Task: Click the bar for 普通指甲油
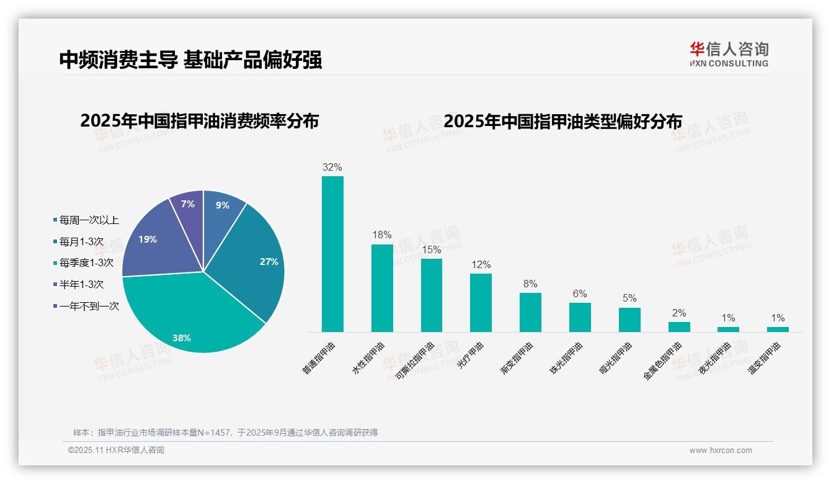point(332,254)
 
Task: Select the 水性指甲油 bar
point(382,289)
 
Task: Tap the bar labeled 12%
point(481,303)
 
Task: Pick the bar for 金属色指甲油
point(679,327)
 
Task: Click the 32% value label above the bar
point(332,167)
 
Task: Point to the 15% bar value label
point(431,249)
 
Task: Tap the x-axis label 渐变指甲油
point(517,359)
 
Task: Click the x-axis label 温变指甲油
point(764,359)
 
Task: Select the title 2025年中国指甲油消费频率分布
point(199,121)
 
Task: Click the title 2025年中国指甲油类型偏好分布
point(562,121)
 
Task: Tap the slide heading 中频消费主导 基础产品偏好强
point(190,60)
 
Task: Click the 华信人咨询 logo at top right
point(729,54)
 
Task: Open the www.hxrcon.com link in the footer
point(721,450)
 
